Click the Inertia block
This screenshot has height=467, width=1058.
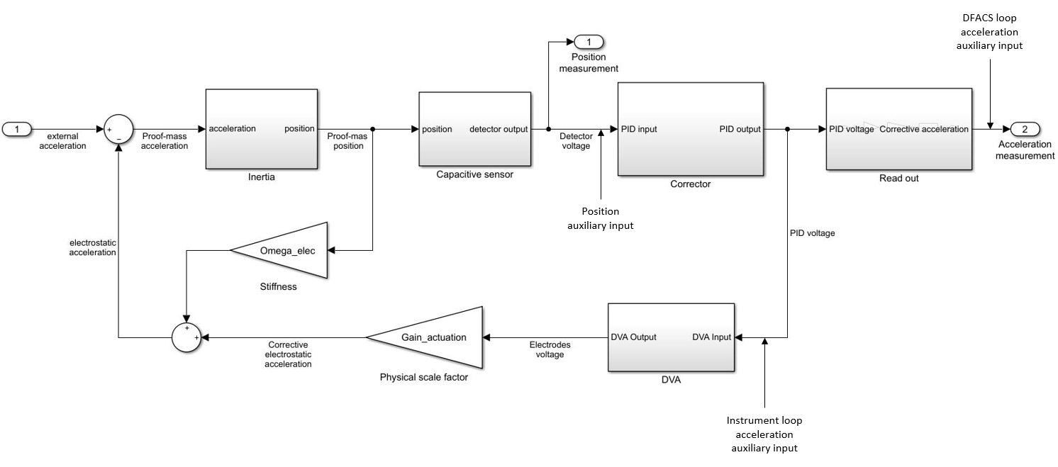pos(262,129)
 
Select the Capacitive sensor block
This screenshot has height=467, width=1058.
pos(474,129)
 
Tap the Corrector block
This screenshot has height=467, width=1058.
pos(691,130)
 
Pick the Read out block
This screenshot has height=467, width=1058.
pos(899,129)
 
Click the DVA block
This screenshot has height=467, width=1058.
pos(671,337)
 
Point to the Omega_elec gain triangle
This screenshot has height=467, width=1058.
pos(279,250)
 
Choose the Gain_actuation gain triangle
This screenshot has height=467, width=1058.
pos(424,337)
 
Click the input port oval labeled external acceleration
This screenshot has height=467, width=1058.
pos(17,129)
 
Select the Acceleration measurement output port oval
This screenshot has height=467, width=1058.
pos(1025,129)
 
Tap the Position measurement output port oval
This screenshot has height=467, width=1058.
pos(589,42)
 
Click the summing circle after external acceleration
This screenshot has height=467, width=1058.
pos(118,129)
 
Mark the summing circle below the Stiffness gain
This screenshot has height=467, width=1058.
pos(186,337)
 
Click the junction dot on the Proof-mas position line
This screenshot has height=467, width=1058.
pos(373,129)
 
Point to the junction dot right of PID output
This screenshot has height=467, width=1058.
pos(787,129)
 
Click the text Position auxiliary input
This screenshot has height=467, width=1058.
pos(601,218)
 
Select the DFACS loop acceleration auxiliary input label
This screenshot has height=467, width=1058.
pos(989,32)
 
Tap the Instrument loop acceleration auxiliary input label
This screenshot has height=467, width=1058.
pos(764,434)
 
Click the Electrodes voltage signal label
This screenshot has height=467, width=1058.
pos(550,349)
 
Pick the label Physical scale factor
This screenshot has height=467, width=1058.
pos(423,377)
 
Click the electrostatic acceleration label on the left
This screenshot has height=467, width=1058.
pos(93,247)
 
